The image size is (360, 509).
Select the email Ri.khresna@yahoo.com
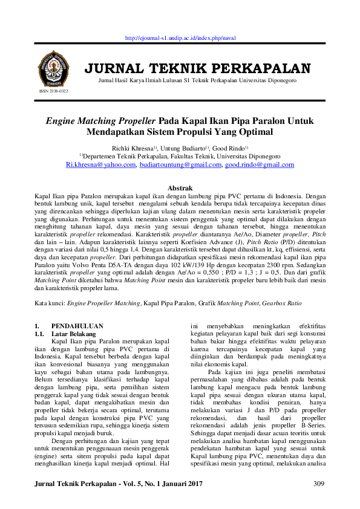pyautogui.click(x=101, y=164)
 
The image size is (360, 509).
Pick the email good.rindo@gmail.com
pyautogui.click(x=260, y=164)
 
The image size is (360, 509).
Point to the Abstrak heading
pyautogui.click(x=180, y=189)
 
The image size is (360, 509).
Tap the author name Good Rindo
pyautogui.click(x=230, y=148)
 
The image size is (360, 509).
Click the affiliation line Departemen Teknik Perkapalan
pyautogui.click(x=180, y=156)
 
